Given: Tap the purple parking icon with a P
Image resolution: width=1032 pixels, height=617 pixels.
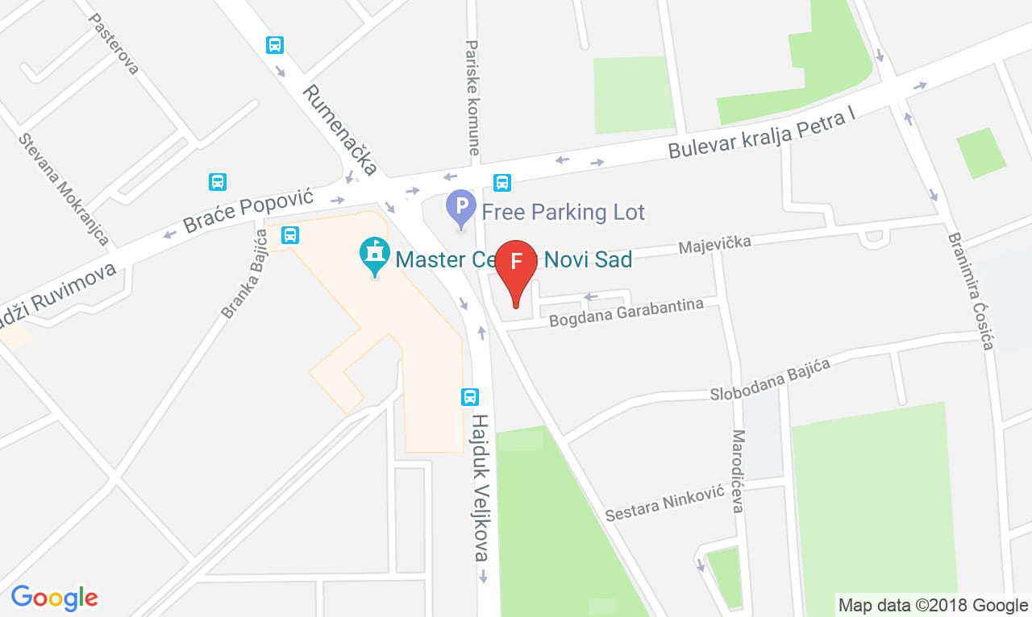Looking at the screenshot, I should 461,205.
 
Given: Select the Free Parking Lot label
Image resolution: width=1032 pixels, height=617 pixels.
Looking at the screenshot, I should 564,213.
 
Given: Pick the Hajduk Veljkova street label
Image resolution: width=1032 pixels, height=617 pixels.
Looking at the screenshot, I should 481,488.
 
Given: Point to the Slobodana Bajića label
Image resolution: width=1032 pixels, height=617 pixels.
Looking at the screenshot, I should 770,380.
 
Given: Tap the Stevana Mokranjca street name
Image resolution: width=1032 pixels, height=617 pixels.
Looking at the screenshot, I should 64,189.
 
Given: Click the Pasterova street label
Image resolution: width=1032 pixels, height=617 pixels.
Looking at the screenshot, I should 113,43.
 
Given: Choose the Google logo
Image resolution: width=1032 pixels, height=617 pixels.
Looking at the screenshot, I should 54,598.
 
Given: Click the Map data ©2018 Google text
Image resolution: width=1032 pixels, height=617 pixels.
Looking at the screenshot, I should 933,605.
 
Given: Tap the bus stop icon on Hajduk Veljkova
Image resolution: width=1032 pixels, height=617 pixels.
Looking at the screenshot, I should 470,396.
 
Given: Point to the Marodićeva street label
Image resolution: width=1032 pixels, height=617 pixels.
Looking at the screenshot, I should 738,471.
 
